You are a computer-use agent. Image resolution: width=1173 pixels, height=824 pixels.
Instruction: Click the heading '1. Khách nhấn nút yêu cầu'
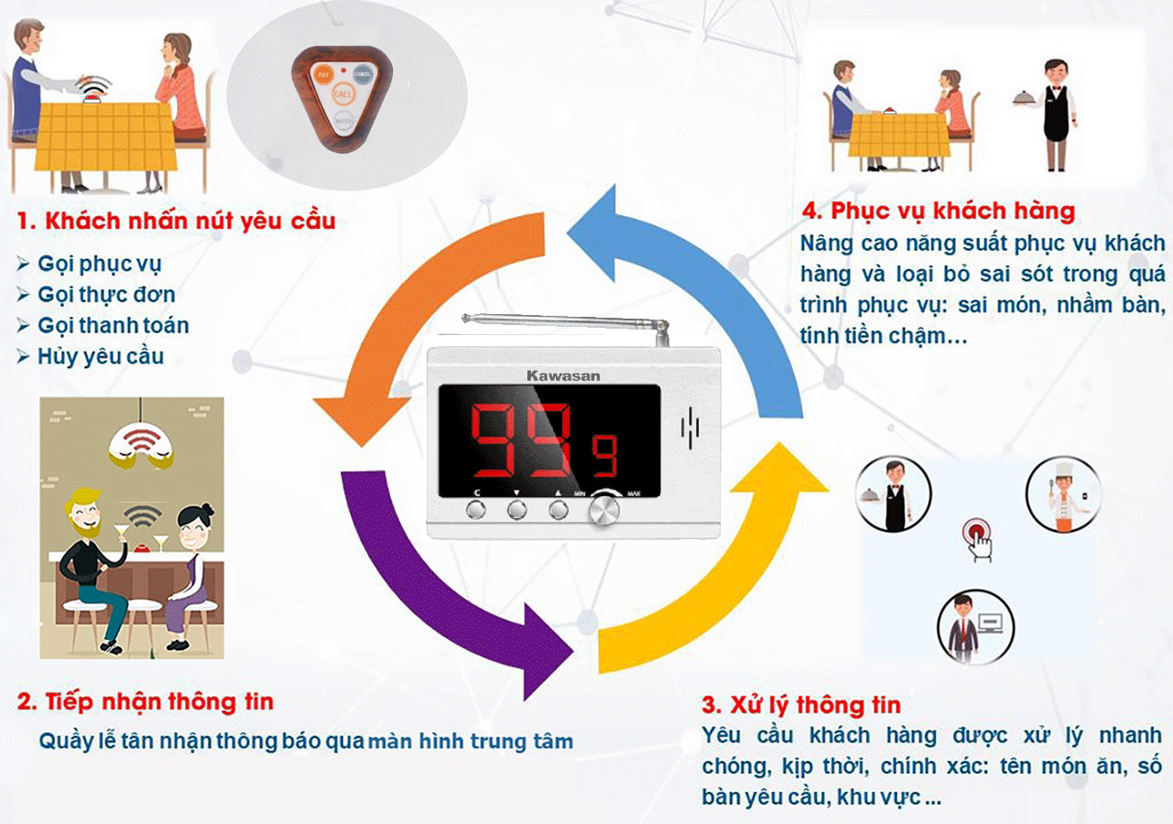click(x=177, y=221)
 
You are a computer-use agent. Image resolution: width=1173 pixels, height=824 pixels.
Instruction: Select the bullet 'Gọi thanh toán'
click(x=113, y=325)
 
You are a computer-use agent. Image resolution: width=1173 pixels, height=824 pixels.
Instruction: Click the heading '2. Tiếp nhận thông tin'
click(x=146, y=702)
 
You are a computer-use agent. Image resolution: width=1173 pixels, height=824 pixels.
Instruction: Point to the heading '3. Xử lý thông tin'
click(x=801, y=705)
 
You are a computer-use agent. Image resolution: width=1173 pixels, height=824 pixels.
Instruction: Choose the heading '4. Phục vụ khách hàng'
click(x=939, y=211)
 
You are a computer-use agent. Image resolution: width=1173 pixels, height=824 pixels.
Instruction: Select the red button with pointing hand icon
click(x=977, y=535)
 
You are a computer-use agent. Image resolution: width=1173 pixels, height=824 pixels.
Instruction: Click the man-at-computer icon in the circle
click(x=975, y=625)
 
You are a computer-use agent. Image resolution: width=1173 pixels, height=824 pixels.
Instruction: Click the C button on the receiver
click(x=475, y=509)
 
